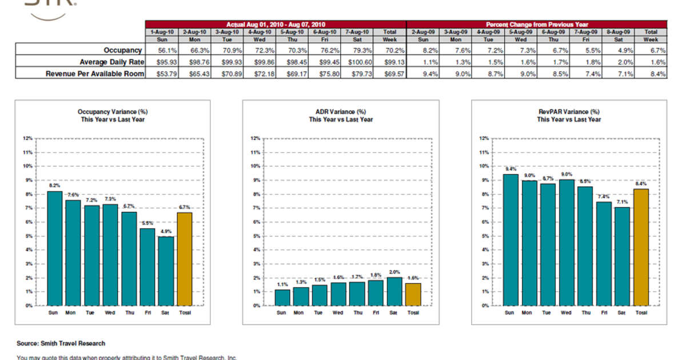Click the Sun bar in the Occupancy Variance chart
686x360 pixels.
point(54,249)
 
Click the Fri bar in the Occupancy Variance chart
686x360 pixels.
point(147,267)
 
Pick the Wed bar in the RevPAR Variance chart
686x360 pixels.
point(566,243)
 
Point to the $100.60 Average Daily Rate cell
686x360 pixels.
point(357,62)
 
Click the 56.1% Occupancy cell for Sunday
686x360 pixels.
point(162,50)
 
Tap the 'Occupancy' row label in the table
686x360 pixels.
point(122,50)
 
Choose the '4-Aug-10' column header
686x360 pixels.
point(259,33)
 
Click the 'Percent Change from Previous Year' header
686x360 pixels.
point(536,25)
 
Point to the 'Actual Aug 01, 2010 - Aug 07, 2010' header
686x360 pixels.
point(276,25)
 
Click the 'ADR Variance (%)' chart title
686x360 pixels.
point(341,112)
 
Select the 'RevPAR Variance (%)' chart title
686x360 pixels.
point(569,112)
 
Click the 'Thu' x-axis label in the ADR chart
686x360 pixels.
point(357,313)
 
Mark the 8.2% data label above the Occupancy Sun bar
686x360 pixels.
point(54,186)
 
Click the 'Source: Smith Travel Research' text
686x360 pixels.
point(61,343)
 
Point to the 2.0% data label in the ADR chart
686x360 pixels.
point(394,273)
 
